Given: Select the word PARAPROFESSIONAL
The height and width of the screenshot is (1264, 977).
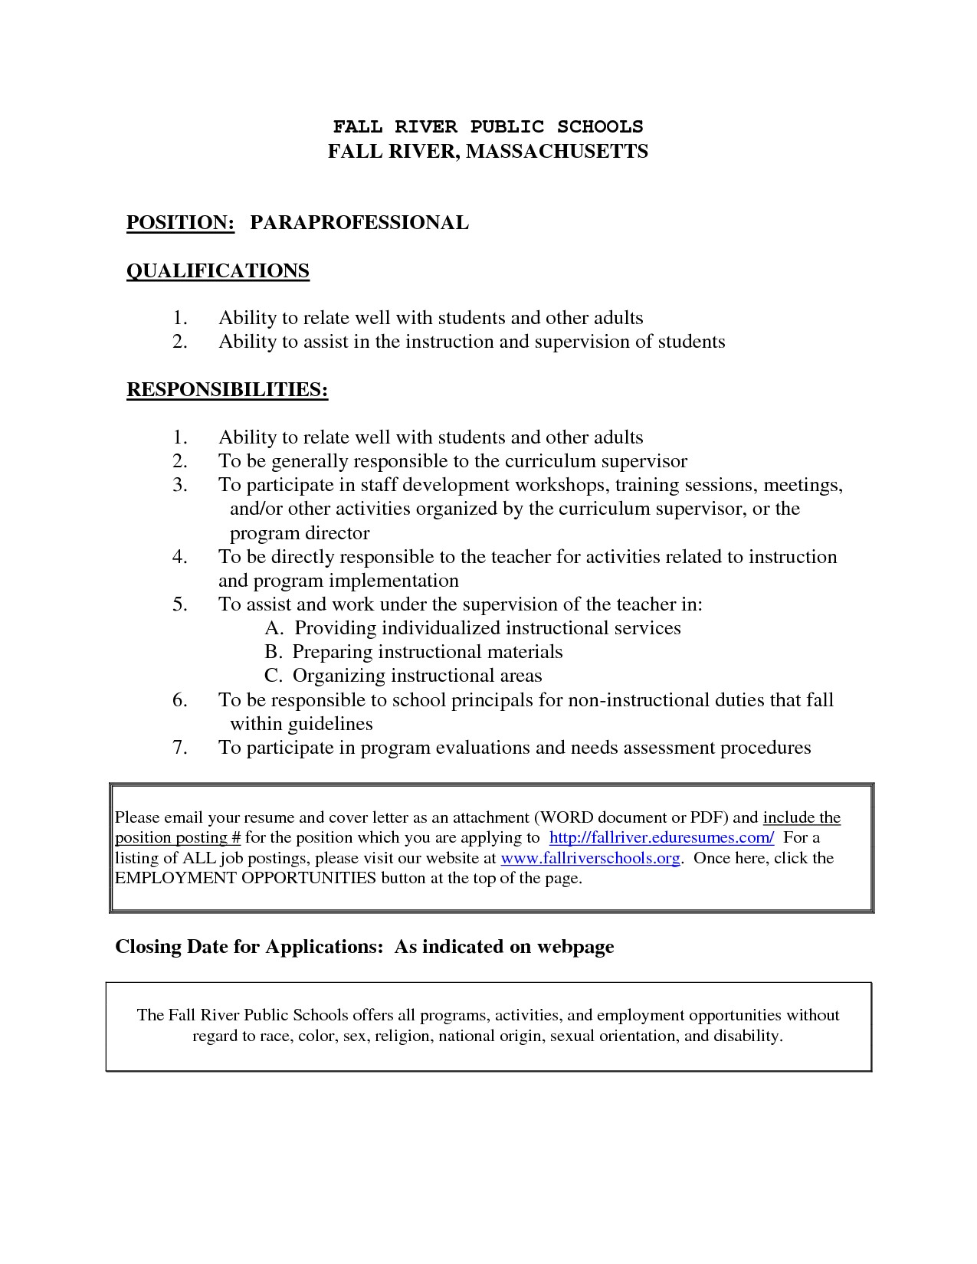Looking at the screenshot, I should (x=359, y=223).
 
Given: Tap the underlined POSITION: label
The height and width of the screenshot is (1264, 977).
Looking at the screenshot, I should (x=180, y=223).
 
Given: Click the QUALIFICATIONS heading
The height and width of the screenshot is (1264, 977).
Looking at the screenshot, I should (x=218, y=271).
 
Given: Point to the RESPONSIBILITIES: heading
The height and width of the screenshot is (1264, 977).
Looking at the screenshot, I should (x=227, y=390).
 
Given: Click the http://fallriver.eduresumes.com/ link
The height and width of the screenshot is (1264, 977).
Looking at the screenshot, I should (x=662, y=837).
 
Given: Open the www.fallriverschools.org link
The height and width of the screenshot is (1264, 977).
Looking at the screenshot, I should (x=590, y=858).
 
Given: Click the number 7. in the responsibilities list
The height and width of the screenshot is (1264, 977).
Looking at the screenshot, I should (x=180, y=748).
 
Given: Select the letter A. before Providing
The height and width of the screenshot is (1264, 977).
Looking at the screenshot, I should (x=275, y=628).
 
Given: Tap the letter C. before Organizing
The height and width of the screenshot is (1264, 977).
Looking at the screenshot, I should (x=274, y=676).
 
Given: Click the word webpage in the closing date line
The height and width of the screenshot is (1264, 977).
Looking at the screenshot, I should (x=575, y=947).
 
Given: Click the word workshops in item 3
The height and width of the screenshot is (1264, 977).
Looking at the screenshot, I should (x=562, y=485).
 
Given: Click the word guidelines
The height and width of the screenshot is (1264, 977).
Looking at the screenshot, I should (x=330, y=724).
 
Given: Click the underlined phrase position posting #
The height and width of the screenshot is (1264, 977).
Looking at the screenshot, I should (x=178, y=837).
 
